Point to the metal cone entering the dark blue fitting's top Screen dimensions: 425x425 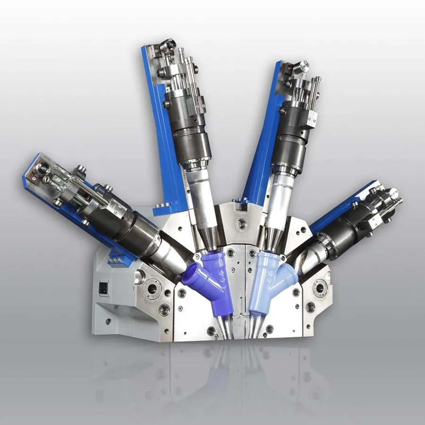(207, 240)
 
